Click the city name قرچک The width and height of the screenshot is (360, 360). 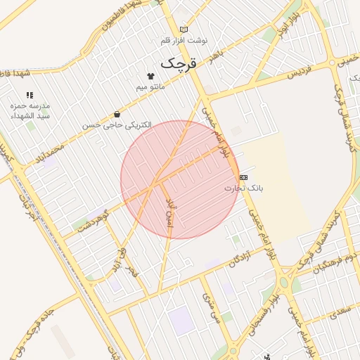[181, 63]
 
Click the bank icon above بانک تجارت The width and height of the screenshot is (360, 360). [243, 177]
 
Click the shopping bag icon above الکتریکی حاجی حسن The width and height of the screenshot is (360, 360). [116, 114]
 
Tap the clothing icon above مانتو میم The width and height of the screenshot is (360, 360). [150, 76]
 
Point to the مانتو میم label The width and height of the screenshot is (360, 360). [151, 86]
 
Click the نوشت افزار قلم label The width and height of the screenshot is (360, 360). [184, 41]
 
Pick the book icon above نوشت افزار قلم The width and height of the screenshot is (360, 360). [184, 30]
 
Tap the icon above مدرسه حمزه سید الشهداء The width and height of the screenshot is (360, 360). [30, 94]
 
